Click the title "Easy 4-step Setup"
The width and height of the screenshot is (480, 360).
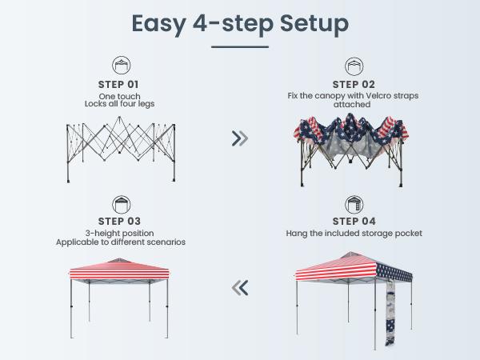pyautogui.click(x=240, y=24)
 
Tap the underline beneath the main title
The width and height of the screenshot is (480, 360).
pyautogui.click(x=240, y=46)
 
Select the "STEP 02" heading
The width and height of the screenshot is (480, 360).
pyautogui.click(x=353, y=84)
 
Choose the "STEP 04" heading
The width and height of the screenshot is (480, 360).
pyautogui.click(x=353, y=222)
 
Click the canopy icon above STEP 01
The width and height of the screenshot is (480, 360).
pyautogui.click(x=119, y=66)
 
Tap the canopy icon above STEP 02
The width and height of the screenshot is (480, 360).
pyautogui.click(x=353, y=66)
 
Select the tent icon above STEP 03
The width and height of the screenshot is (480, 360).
pyautogui.click(x=119, y=203)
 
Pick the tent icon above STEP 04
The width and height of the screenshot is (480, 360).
pyautogui.click(x=353, y=203)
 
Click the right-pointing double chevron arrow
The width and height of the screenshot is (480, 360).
pyautogui.click(x=239, y=138)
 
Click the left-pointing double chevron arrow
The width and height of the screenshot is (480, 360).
pyautogui.click(x=239, y=286)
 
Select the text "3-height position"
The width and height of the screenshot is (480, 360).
pyautogui.click(x=119, y=233)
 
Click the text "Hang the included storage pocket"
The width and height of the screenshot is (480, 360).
pyautogui.click(x=353, y=234)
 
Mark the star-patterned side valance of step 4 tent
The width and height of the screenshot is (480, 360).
pyautogui.click(x=394, y=273)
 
